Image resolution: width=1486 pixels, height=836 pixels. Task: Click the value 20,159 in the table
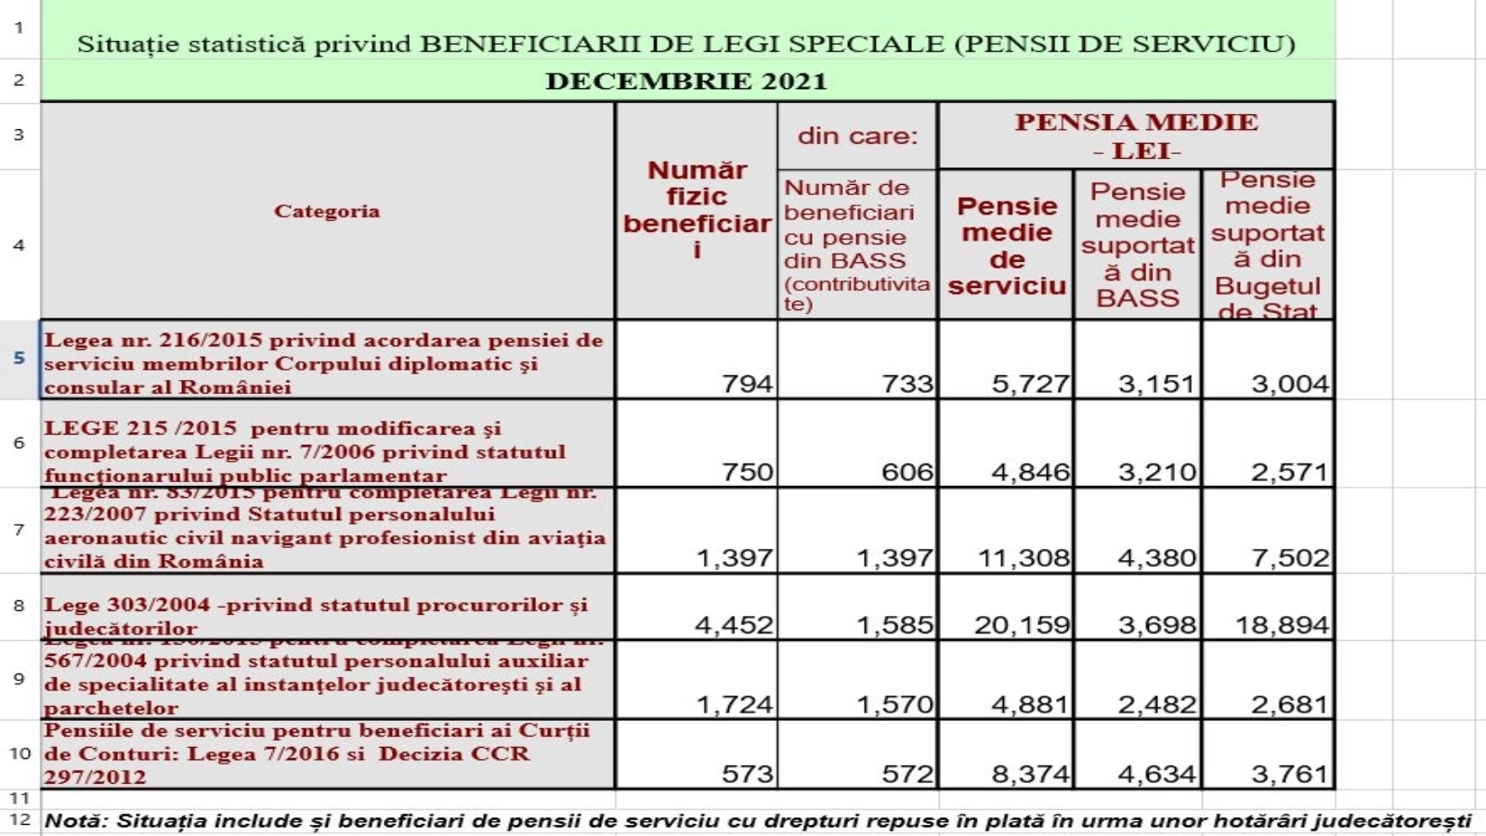pyautogui.click(x=1022, y=624)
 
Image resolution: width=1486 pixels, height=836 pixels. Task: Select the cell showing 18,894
pyautogui.click(x=1282, y=624)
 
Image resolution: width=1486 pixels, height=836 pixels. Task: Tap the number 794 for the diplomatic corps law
pyautogui.click(x=747, y=383)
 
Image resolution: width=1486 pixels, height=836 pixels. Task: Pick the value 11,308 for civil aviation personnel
pyautogui.click(x=1023, y=557)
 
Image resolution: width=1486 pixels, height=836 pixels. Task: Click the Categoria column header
pyautogui.click(x=327, y=211)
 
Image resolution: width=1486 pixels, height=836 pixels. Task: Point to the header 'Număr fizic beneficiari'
pyautogui.click(x=697, y=210)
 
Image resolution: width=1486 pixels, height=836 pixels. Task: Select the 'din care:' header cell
pyautogui.click(x=857, y=136)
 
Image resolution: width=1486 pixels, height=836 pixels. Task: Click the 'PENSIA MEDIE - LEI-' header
pyautogui.click(x=1136, y=136)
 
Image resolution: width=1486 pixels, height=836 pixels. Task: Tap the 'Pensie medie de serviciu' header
pyautogui.click(x=1007, y=245)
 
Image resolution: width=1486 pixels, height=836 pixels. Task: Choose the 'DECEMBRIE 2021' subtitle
pyautogui.click(x=686, y=81)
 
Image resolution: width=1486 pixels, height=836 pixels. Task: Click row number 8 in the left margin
pyautogui.click(x=19, y=606)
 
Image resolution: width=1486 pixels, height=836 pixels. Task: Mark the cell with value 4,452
pyautogui.click(x=734, y=624)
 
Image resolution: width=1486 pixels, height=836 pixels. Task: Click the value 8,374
pyautogui.click(x=1030, y=773)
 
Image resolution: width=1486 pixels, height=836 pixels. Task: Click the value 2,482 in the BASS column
pyautogui.click(x=1156, y=704)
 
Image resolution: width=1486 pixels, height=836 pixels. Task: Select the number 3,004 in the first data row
pyautogui.click(x=1289, y=383)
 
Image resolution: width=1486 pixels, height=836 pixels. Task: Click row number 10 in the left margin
pyautogui.click(x=20, y=752)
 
